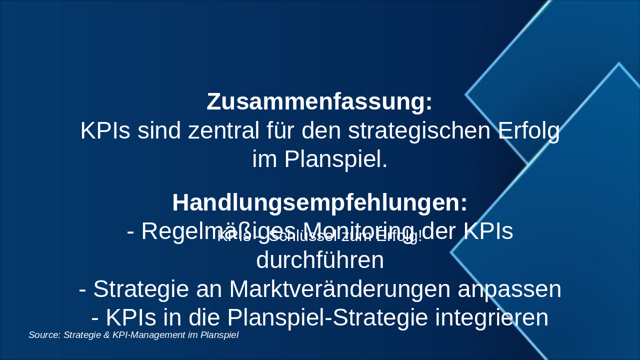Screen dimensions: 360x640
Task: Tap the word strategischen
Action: pyautogui.click(x=420, y=131)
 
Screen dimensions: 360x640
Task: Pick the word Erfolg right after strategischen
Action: pyautogui.click(x=529, y=131)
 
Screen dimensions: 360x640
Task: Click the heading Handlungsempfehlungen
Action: pyautogui.click(x=320, y=203)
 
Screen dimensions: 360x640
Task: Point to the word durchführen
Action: pyautogui.click(x=320, y=260)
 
